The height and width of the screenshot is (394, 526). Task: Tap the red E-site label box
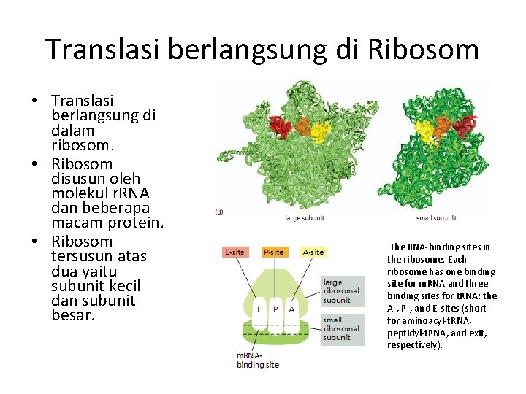(x=235, y=252)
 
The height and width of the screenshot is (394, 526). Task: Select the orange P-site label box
(x=274, y=252)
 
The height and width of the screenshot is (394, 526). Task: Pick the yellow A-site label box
(x=313, y=252)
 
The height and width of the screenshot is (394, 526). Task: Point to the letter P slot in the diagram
(x=275, y=309)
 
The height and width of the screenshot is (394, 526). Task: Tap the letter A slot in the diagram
(x=291, y=309)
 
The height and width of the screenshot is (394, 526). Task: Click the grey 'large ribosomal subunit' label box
(x=341, y=290)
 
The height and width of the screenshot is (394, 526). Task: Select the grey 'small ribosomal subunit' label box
(x=341, y=328)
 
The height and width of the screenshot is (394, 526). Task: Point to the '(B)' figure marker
(x=219, y=212)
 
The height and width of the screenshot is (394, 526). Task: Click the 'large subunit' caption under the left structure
(x=305, y=217)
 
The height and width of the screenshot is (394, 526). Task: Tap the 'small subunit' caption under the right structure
(x=436, y=217)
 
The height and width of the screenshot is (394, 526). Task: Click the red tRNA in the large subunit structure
(x=279, y=128)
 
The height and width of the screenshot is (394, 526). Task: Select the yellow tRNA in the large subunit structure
(x=320, y=131)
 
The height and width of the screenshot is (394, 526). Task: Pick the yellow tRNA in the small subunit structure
(x=424, y=131)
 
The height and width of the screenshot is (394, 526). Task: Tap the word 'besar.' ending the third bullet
(x=72, y=316)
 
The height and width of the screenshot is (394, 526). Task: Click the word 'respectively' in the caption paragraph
(x=412, y=344)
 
